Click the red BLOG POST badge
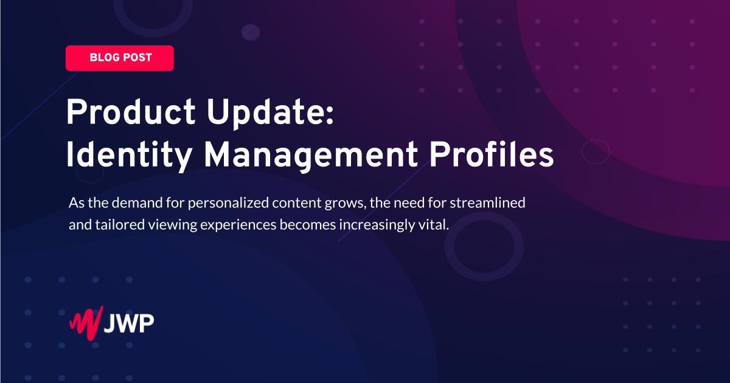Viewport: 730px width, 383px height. coord(120,58)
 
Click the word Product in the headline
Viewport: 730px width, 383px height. coord(131,112)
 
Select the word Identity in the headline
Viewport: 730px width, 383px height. coord(129,156)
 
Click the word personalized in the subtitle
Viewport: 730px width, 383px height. coord(228,203)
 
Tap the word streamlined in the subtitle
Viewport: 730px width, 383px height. coord(487,202)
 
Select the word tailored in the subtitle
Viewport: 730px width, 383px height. coord(120,224)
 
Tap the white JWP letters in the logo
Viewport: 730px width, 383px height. coord(129,323)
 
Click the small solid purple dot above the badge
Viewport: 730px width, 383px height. coord(251,32)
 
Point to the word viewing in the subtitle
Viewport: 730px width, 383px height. coord(173,225)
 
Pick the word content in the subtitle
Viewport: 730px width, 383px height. coord(297,203)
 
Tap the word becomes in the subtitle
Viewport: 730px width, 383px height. coord(308,224)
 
